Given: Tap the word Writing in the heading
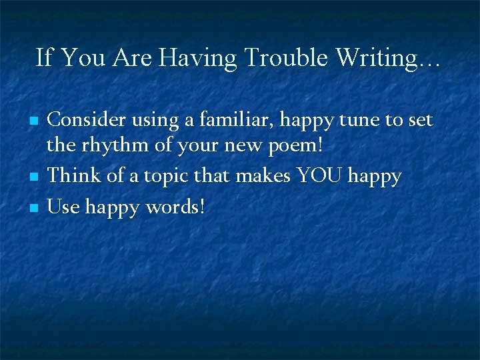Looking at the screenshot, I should [376, 58].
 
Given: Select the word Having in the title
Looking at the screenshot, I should [199, 58].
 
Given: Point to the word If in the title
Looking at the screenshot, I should [43, 58].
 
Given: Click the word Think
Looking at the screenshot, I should [73, 176].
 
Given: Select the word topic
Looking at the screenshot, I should [168, 176].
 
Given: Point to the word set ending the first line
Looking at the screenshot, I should [420, 120].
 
